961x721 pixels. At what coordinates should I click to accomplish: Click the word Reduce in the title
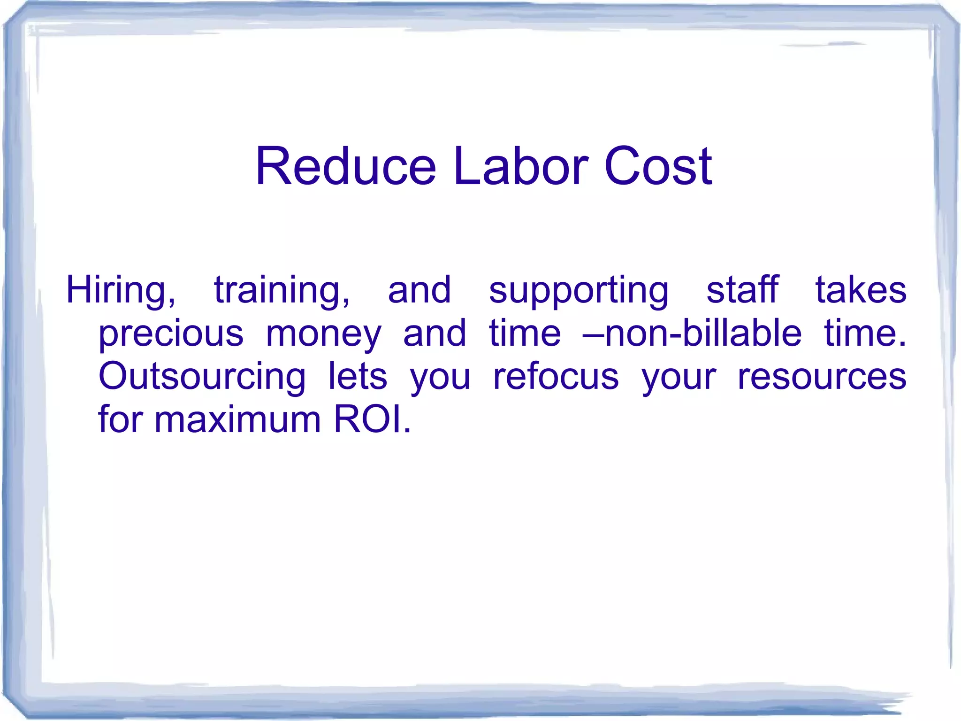(x=346, y=166)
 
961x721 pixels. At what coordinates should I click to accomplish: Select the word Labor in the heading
(x=520, y=166)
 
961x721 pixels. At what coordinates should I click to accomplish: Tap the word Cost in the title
(x=658, y=166)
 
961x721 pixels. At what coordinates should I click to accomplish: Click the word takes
(x=861, y=289)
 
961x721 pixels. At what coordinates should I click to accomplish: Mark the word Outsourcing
(x=202, y=377)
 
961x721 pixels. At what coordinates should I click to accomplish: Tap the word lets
(x=358, y=376)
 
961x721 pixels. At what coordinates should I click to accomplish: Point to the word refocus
(x=556, y=376)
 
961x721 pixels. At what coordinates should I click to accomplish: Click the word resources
(x=822, y=377)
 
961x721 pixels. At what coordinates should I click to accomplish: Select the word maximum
(x=237, y=419)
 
